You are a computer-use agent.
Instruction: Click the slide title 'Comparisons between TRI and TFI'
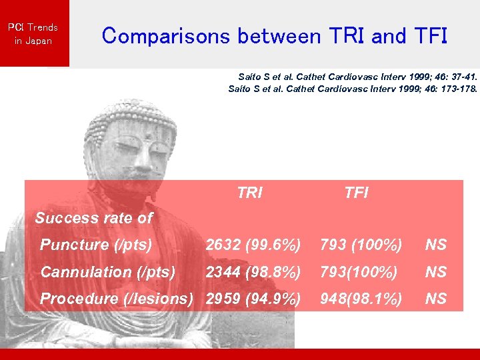point(274,35)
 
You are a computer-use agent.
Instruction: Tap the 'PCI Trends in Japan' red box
point(33,33)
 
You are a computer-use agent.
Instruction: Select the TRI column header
point(249,193)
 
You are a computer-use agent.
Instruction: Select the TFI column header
point(356,193)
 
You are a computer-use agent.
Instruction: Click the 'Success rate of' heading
point(93,218)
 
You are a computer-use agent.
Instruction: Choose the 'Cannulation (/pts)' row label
point(108,272)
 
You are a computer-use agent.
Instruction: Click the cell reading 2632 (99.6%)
point(253,245)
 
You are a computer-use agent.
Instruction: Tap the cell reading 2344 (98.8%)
point(253,272)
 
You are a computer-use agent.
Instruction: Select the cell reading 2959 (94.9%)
point(253,299)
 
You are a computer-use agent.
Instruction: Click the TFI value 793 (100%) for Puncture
point(361,245)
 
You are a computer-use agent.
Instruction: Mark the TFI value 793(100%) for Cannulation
point(359,272)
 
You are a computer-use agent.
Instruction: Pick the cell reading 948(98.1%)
point(361,299)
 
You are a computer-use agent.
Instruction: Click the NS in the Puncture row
point(436,245)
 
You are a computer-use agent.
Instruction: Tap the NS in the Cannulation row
point(436,272)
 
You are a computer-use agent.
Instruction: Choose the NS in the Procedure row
point(436,299)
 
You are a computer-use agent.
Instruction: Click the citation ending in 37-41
point(357,77)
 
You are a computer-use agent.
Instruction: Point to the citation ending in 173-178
point(353,88)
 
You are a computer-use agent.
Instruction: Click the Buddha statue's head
point(137,133)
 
